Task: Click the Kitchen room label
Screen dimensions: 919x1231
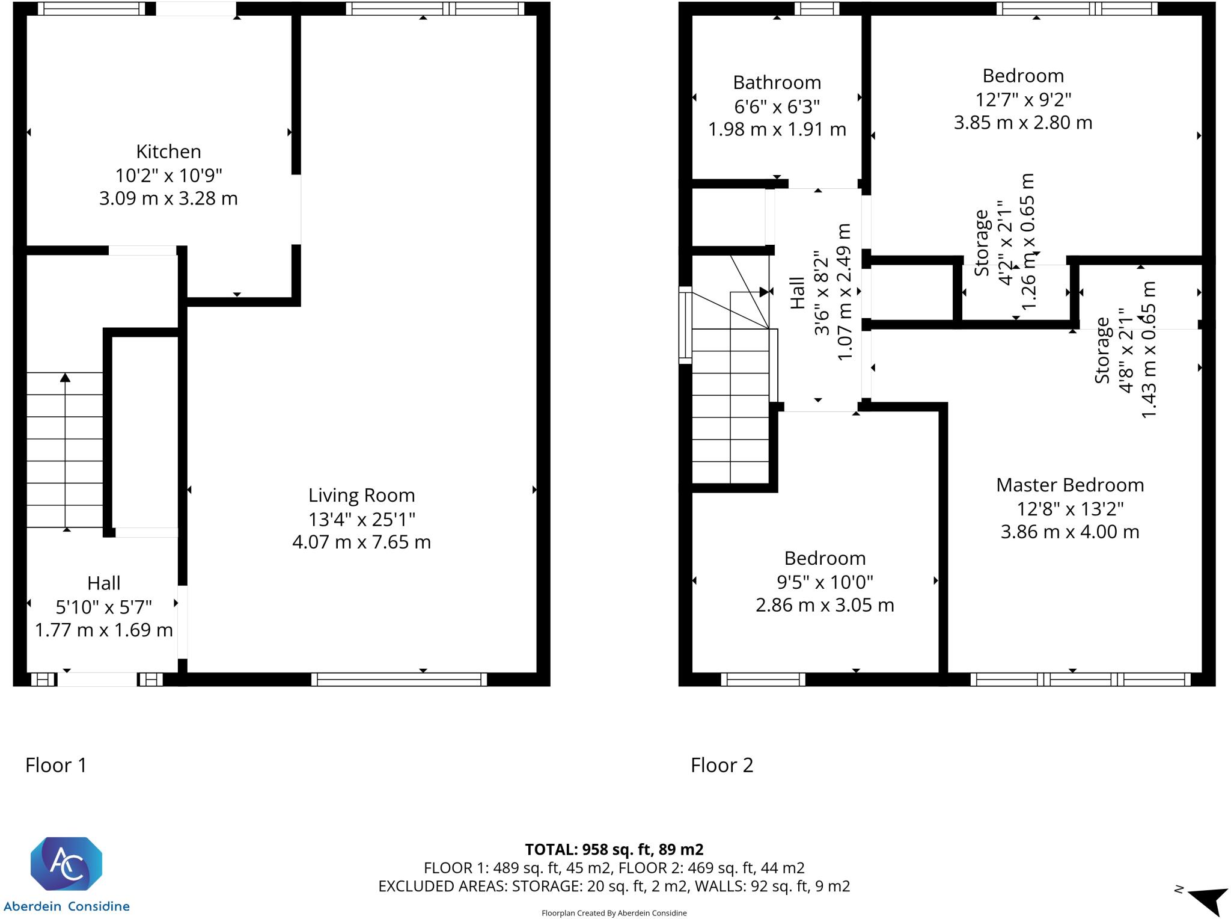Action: coord(168,152)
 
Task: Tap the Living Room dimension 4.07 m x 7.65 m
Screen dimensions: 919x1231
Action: coord(361,542)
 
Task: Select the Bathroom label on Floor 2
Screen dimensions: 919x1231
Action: coord(777,82)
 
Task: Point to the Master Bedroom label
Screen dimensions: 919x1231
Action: coord(1069,485)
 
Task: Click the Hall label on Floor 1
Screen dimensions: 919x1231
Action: coord(103,583)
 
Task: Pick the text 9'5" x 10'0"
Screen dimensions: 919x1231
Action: coord(825,582)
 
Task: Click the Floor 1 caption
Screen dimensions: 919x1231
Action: coord(56,765)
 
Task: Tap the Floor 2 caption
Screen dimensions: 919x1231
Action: coord(721,765)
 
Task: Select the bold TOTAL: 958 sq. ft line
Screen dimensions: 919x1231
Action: coord(614,849)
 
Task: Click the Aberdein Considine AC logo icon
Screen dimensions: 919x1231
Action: coord(66,864)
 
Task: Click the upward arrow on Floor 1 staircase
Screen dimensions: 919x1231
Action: coord(65,378)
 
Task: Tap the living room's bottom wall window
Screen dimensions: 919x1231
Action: coord(399,680)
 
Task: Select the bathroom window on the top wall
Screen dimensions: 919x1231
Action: coord(816,8)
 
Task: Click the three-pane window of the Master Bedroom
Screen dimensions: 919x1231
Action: coord(1080,680)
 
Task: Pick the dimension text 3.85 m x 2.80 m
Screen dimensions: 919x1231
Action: coord(1022,123)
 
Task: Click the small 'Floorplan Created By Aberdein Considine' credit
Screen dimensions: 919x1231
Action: coord(614,913)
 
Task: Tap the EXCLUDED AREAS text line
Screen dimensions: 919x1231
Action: coord(614,886)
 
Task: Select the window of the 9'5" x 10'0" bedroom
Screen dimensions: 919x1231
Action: coord(762,680)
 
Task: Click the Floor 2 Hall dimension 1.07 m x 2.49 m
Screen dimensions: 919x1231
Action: coord(844,292)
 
